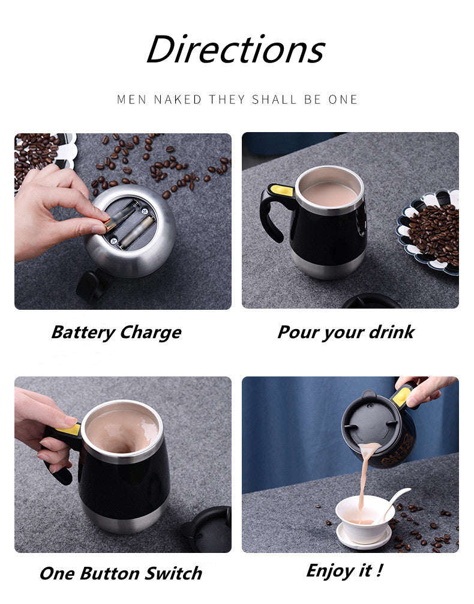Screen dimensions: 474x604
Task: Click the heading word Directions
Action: tap(236, 49)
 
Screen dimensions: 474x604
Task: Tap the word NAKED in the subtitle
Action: tap(178, 100)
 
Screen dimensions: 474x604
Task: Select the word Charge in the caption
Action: tap(151, 333)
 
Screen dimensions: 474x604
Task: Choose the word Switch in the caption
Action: tap(173, 573)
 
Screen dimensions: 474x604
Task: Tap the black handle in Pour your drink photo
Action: tap(275, 211)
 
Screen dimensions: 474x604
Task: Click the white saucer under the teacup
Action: tap(364, 537)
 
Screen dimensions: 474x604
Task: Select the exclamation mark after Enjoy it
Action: tap(380, 569)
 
